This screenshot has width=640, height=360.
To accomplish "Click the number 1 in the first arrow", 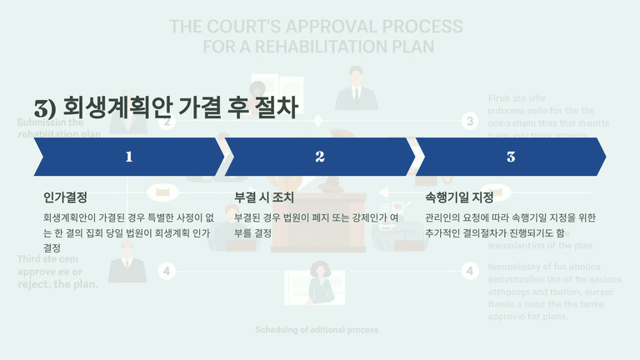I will coord(128,157).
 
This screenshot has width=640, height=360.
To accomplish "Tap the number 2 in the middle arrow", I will coord(320,157).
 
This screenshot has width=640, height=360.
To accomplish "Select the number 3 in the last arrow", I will coord(511,157).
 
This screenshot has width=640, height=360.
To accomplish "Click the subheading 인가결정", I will coord(65,198).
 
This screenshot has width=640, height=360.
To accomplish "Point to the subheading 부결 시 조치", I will coord(264,198).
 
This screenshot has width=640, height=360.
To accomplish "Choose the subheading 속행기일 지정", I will coord(459,198).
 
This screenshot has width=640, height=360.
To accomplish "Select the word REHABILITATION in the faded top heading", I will coord(339,47).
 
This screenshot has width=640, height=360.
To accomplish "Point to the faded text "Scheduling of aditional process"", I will coord(317,330).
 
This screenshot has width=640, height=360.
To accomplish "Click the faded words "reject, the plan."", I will coord(58,285).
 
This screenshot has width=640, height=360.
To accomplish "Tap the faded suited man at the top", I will coord(356,88).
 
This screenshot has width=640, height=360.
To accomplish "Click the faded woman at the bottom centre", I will coord(320,283).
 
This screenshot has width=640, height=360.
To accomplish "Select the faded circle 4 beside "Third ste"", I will coord(167,271).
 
